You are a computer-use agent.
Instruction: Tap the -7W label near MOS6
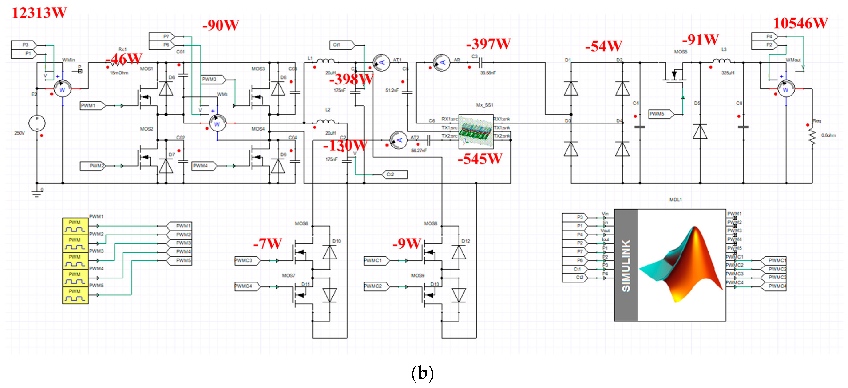tap(267, 244)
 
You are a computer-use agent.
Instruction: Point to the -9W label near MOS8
tap(407, 244)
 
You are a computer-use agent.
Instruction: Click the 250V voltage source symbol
tap(37, 123)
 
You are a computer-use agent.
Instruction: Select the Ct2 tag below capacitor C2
tap(394, 175)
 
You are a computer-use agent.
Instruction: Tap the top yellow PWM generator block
tap(75, 226)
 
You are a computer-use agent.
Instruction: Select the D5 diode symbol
tap(700, 132)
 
